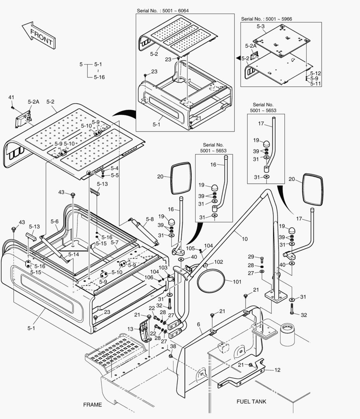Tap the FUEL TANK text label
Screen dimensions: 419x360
pos(251,402)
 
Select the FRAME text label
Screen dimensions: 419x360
pos(92,405)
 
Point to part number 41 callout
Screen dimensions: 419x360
pos(11,97)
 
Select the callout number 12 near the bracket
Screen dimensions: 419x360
pos(277,370)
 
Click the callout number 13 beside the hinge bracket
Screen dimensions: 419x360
pos(130,329)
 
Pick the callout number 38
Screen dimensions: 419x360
pos(173,346)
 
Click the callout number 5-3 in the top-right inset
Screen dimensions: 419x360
pos(261,27)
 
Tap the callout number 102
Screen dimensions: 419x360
pos(219,262)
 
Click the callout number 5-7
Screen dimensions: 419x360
pos(114,242)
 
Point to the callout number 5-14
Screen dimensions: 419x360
pos(73,255)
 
